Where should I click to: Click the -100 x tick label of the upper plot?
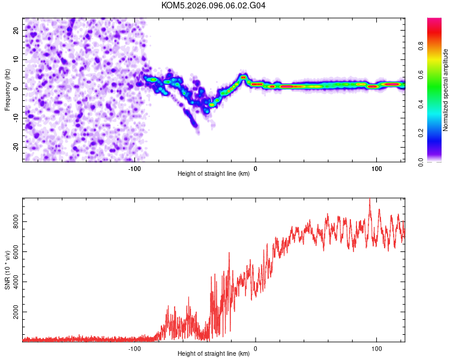(x=134, y=168)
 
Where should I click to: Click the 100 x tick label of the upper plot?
(x=377, y=168)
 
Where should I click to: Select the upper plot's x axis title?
(x=214, y=174)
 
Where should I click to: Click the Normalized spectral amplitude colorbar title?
(x=446, y=90)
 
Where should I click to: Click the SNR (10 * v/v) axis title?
(x=7, y=270)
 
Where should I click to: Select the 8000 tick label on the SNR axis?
(x=13, y=222)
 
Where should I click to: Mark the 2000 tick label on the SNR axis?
(x=13, y=313)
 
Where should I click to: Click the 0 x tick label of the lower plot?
(x=256, y=348)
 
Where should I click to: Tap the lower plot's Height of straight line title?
(x=214, y=354)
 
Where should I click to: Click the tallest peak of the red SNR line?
(x=370, y=200)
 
